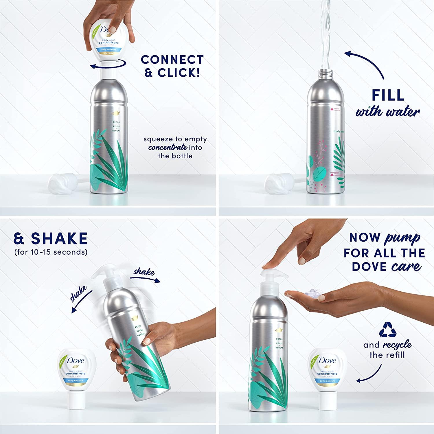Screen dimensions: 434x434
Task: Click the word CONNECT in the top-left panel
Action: click(172, 60)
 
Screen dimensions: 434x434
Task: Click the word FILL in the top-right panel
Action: click(388, 95)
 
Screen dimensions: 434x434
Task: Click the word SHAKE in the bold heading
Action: click(59, 239)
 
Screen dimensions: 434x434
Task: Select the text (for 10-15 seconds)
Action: click(51, 252)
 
